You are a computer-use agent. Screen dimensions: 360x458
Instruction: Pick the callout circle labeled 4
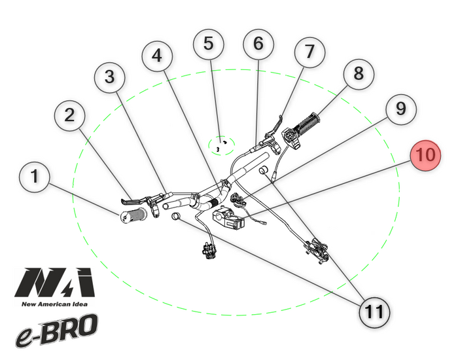pyautogui.click(x=158, y=58)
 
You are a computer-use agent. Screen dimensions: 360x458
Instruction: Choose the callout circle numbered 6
pyautogui.click(x=258, y=45)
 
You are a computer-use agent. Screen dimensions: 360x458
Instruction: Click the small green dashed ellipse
pyautogui.click(x=221, y=145)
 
